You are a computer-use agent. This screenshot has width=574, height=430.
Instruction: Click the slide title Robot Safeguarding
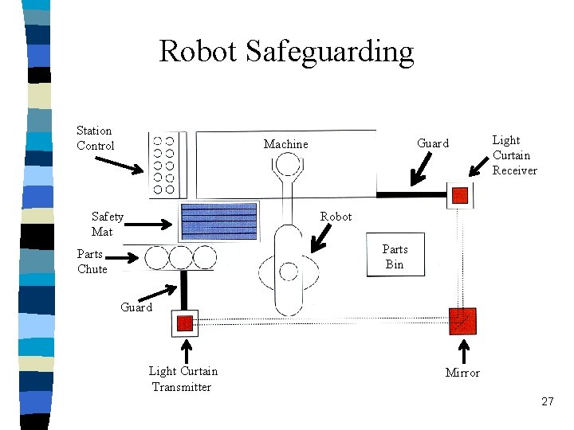click(286, 52)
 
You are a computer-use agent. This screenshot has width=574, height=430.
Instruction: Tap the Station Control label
click(95, 138)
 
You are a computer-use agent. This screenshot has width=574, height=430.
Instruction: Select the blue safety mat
click(219, 221)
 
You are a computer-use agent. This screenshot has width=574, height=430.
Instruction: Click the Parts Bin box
click(395, 256)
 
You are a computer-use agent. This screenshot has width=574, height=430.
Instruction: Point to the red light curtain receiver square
click(460, 194)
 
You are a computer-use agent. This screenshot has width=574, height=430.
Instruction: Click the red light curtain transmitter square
click(185, 322)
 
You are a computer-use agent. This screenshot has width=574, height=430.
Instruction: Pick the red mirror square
click(462, 320)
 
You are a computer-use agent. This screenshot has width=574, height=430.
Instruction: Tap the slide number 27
click(547, 401)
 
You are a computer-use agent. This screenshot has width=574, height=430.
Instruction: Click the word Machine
click(285, 144)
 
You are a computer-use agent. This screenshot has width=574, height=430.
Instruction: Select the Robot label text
click(336, 217)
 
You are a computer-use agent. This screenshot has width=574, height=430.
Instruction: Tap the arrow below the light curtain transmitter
click(188, 350)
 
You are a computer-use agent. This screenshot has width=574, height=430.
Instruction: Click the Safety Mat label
click(107, 224)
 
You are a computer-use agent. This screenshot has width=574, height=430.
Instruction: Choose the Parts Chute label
click(92, 261)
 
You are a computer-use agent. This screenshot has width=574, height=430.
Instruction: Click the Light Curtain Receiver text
click(514, 155)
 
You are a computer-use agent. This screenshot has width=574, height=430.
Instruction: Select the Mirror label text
click(462, 373)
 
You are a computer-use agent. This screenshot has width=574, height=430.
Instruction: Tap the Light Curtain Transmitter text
click(183, 379)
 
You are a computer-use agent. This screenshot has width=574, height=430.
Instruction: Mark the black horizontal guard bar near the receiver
click(411, 194)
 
